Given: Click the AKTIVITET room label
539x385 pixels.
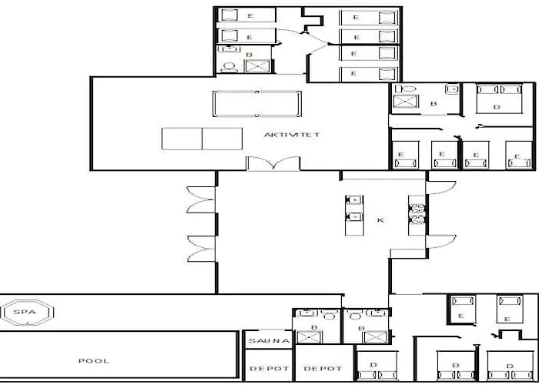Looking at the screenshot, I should [x=291, y=135].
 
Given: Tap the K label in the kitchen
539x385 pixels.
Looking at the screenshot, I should [x=380, y=220].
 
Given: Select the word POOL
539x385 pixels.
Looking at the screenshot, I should [x=94, y=360].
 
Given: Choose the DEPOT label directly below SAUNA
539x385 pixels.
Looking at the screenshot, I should [x=269, y=369].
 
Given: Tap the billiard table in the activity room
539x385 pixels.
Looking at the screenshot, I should [x=257, y=103].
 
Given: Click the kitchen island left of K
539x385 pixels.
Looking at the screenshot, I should [x=354, y=209].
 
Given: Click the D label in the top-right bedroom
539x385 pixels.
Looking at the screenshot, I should [x=497, y=106].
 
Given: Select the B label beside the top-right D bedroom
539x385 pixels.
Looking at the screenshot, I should [x=434, y=102].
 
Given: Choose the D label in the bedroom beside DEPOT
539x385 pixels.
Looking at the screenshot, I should [x=373, y=363].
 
